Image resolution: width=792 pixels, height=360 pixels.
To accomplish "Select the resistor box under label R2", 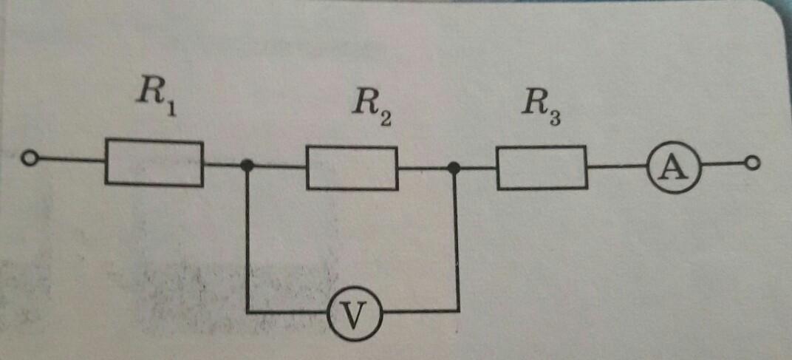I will coord(352,169).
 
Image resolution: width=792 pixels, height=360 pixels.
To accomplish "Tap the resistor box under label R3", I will coord(542,168).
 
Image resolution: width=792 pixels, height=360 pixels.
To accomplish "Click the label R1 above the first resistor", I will coord(155,96).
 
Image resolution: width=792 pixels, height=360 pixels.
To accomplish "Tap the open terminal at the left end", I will coord(30,158).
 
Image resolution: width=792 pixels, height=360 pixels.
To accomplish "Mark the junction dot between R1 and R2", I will coord(247,166).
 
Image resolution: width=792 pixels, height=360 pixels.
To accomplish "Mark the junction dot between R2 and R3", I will coord(454,169).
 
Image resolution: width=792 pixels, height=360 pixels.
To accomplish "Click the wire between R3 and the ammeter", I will coord(617,168).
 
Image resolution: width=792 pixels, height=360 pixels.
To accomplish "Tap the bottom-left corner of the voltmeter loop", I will coord(247,313).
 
